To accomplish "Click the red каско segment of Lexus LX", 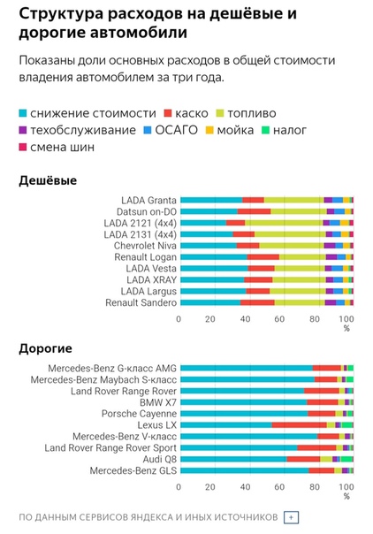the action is point(300,424).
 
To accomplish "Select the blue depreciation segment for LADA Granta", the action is point(211,200).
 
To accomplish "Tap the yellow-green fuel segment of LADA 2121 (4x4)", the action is point(284,223).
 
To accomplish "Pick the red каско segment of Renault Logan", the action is point(263,256).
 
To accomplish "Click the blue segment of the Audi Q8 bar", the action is point(233,459).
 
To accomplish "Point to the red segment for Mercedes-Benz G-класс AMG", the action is point(327,368).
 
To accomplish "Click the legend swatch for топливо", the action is point(220,113).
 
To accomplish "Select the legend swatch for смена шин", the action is point(22,147).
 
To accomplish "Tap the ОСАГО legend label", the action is point(176,130).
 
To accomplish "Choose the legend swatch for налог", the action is point(265,130).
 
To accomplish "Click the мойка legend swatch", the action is point(209,130).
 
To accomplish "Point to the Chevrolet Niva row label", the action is point(145,246).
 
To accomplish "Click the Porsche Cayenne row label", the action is point(139,414).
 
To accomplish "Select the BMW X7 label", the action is point(158,402).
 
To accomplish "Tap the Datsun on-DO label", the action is point(147,211).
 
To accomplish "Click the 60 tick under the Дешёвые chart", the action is point(279,319).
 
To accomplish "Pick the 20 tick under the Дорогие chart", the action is point(210,486).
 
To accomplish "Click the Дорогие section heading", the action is point(46,348).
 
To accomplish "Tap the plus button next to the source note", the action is point(291,517).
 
